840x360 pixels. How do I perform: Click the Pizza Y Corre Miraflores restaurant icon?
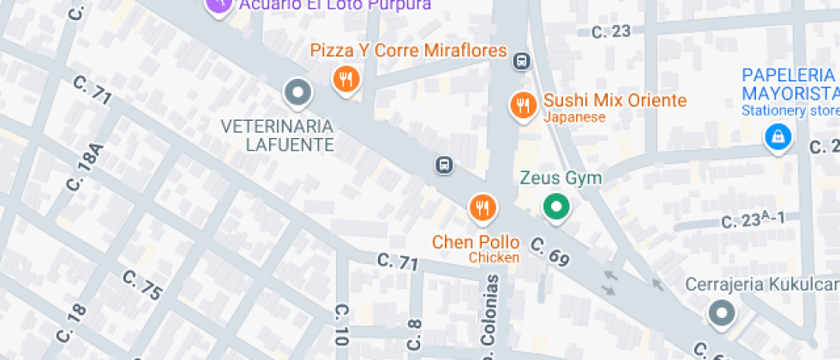click(x=345, y=81)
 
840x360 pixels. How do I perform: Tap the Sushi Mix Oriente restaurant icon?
click(x=522, y=106)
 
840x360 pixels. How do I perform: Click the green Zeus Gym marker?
click(x=557, y=207)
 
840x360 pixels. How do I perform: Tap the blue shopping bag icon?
click(x=777, y=135)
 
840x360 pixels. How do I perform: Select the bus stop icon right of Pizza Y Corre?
click(x=521, y=61)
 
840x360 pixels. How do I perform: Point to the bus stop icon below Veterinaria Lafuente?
click(x=444, y=165)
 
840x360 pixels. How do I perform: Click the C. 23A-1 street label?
click(x=753, y=220)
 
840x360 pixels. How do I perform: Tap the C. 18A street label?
click(x=87, y=166)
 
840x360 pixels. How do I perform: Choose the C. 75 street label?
click(x=142, y=285)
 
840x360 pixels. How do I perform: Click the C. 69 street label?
click(x=549, y=251)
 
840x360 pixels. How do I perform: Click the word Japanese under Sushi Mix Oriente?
click(x=574, y=117)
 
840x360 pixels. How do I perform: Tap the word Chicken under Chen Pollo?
click(x=495, y=258)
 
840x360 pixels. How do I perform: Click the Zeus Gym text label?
click(x=561, y=178)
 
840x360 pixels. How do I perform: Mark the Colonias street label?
click(x=493, y=317)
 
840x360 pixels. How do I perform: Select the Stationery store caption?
click(x=790, y=111)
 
